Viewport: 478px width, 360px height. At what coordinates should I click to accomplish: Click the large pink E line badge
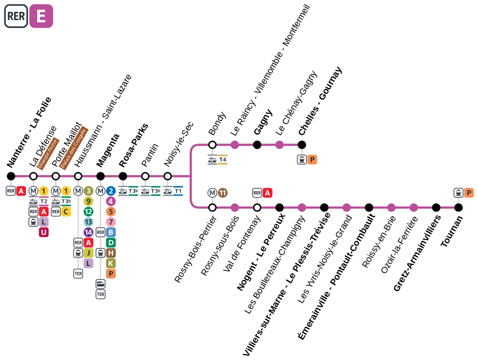[x=41, y=16]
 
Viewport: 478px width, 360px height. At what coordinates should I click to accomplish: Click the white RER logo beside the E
[x=16, y=16]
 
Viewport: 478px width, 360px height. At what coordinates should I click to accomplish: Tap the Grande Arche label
[x=48, y=153]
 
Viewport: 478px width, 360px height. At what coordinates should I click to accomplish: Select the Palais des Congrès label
[x=73, y=148]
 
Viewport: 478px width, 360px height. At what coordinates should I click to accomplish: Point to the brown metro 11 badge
[x=223, y=192]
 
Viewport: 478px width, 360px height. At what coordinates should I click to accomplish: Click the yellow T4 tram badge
[x=223, y=159]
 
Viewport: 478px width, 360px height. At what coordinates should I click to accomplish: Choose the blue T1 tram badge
[x=178, y=191]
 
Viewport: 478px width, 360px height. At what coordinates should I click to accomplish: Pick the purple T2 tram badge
[x=44, y=201]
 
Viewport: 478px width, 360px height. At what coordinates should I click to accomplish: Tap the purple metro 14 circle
[x=89, y=232]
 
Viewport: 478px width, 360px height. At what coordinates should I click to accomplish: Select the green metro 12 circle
[x=89, y=211]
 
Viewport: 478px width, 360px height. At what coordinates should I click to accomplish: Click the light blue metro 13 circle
[x=89, y=222]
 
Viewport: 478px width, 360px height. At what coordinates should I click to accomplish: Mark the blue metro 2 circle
[x=111, y=191]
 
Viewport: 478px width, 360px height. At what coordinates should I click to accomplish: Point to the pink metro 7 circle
[x=111, y=222]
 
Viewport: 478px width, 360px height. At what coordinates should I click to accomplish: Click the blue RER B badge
[x=111, y=232]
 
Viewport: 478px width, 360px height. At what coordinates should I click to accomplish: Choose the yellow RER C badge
[x=66, y=211]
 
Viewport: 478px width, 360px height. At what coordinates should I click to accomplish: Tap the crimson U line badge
[x=44, y=232]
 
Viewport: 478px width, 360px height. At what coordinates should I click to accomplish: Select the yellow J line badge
[x=89, y=253]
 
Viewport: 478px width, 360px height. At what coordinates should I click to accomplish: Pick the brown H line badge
[x=111, y=253]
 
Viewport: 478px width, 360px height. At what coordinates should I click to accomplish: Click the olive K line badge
[x=111, y=263]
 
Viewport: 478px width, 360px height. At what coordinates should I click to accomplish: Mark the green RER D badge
[x=111, y=242]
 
